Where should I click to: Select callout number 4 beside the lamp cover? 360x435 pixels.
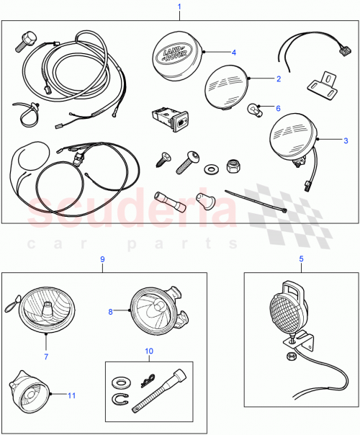pos(234,51)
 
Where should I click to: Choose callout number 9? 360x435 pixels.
pos(102,259)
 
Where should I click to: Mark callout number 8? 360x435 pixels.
pos(110,312)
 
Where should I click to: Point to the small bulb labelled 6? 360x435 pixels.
pos(253,110)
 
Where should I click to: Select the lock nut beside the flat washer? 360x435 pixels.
pos(233,165)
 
